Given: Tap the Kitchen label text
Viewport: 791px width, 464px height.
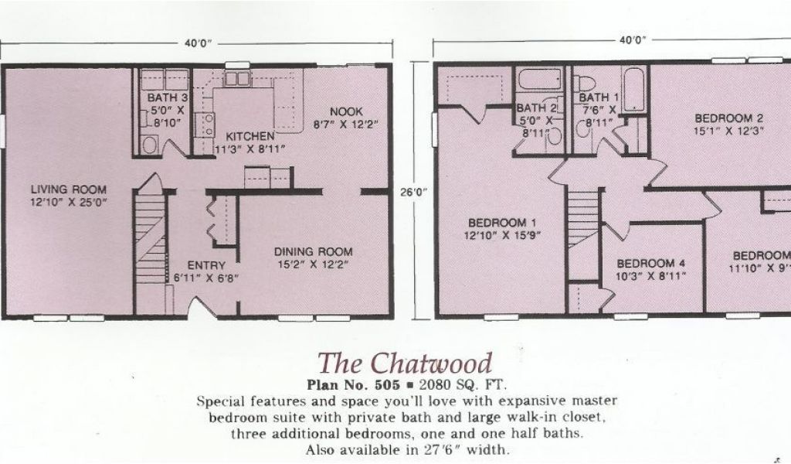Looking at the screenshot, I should tap(244, 136).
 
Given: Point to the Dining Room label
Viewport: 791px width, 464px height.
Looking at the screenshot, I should tap(314, 251).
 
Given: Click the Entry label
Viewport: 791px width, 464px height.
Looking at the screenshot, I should tap(205, 265).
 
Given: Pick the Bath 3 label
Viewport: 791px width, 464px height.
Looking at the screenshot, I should tap(168, 98).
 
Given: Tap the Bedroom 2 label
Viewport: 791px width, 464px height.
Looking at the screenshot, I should tap(728, 118).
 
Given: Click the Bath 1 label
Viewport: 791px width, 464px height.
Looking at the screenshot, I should tap(599, 97).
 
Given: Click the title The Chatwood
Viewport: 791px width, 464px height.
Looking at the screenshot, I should tap(406, 362).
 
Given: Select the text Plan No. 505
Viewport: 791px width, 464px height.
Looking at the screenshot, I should tap(353, 384).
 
